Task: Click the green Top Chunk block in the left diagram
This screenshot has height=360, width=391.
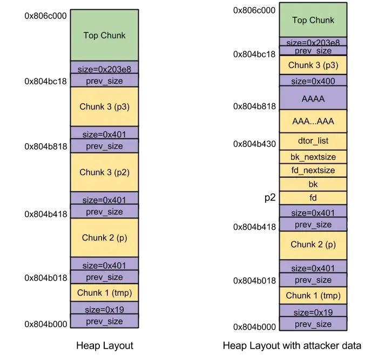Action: pos(104,35)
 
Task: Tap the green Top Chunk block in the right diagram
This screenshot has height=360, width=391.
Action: pos(313,20)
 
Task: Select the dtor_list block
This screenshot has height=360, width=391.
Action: pos(313,141)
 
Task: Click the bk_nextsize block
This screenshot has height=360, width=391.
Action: pos(313,157)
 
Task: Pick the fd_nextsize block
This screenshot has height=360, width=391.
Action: pos(313,170)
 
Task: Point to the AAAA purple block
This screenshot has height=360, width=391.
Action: pos(313,98)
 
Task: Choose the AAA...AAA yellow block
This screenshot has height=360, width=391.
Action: pos(313,121)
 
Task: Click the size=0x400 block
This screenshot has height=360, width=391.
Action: pos(313,81)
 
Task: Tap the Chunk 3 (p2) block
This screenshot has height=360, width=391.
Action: pos(104,172)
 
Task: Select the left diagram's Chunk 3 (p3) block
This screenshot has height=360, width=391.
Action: pos(104,106)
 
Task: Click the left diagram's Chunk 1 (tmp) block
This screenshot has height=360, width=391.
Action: pos(104,292)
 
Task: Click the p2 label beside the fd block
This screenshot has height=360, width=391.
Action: pos(270,198)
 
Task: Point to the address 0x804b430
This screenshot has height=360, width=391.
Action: pos(254,144)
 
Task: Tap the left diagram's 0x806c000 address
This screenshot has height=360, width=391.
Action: pos(45,16)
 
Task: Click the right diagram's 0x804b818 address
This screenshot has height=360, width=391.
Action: pos(254,106)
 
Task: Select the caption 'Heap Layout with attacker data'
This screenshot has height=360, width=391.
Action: pos(292,345)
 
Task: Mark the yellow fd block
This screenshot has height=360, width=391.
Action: pos(313,198)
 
